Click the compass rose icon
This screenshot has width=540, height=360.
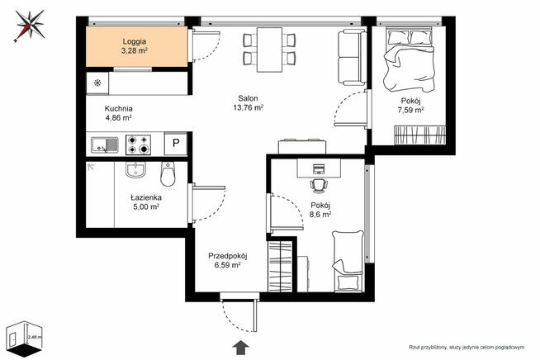tap(30, 25)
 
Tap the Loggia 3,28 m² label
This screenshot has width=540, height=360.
tap(135, 46)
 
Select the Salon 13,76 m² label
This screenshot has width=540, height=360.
tap(248, 102)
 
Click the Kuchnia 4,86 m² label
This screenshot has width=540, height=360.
tap(118, 113)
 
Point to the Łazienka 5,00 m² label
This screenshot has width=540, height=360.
tap(146, 202)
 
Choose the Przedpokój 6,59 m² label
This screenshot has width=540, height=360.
tap(228, 260)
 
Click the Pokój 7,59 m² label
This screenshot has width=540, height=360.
tap(410, 106)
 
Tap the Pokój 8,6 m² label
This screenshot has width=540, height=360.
tap(320, 210)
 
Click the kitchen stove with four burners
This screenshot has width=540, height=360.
tap(139, 144)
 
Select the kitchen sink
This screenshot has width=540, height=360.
tap(105, 144)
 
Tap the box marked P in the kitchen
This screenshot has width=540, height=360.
tap(176, 143)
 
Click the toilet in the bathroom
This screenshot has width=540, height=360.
tap(168, 173)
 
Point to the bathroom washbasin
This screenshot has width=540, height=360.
tap(135, 170)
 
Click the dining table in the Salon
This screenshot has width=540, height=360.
tap(270, 50)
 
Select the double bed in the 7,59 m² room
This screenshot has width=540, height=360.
tap(410, 59)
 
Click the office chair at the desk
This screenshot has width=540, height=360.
tap(319, 186)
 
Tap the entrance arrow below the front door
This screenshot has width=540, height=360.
tap(241, 348)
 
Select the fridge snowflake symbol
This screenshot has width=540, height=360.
tap(97, 83)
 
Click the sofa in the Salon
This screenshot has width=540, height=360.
tap(352, 57)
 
